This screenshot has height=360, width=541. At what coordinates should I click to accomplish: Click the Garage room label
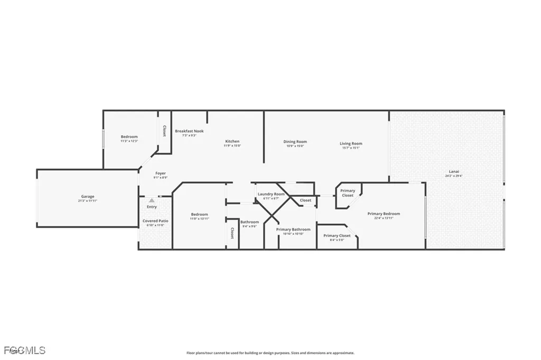click(x=88, y=197)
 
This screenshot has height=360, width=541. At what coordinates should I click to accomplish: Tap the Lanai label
click(x=453, y=171)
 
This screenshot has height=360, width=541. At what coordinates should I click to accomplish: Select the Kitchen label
click(x=232, y=141)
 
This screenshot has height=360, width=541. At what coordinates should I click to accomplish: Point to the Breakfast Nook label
click(x=189, y=131)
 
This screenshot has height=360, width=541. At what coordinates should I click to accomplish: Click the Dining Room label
click(x=295, y=142)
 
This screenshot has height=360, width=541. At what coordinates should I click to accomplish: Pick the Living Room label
click(x=350, y=143)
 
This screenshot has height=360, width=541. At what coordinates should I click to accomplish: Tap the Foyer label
click(x=161, y=173)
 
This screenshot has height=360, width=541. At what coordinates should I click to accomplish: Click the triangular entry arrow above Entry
click(x=152, y=200)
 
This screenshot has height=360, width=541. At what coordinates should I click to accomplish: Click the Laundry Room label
click(x=271, y=194)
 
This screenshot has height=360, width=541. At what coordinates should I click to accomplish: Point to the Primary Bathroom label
click(x=293, y=229)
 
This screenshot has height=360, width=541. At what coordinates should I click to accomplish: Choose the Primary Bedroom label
click(x=384, y=214)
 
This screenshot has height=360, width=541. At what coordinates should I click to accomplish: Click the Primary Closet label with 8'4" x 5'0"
click(x=337, y=235)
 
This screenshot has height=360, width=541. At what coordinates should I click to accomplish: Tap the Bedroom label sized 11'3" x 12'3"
click(x=129, y=136)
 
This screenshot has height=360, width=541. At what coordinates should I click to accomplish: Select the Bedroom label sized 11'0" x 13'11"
click(x=199, y=214)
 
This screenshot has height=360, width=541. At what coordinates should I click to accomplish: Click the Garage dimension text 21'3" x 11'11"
click(x=88, y=201)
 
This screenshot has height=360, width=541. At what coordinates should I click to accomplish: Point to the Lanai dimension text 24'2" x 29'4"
click(x=453, y=176)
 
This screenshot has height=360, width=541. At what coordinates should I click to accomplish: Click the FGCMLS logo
click(x=24, y=350)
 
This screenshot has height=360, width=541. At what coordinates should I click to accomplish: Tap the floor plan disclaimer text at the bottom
click(x=270, y=353)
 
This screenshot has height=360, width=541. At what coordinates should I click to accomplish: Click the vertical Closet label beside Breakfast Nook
click(x=164, y=131)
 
